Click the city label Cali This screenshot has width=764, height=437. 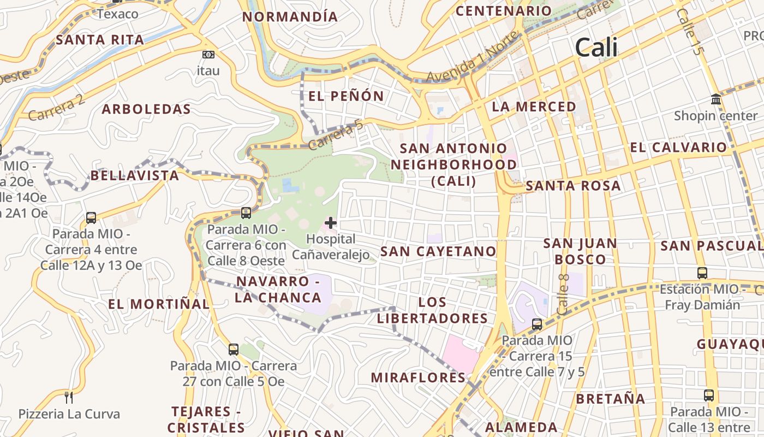(596, 48)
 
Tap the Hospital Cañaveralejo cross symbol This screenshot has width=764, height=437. (331, 223)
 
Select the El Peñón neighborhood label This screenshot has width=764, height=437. (346, 97)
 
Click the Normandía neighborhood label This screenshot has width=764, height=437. (290, 17)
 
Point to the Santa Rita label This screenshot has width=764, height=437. (100, 40)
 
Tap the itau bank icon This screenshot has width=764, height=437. (208, 55)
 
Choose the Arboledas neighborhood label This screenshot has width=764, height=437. (146, 109)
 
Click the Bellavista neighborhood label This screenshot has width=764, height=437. (134, 176)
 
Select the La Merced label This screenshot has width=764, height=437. (534, 107)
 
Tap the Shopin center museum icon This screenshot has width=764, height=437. (715, 99)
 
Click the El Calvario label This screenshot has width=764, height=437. (678, 147)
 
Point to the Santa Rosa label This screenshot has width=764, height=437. (573, 186)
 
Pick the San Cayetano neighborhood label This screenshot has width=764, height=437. (438, 251)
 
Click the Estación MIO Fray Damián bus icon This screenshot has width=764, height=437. (702, 273)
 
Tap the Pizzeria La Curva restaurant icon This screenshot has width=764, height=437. (69, 397)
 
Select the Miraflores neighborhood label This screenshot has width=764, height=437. (418, 377)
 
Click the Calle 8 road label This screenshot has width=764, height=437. (563, 294)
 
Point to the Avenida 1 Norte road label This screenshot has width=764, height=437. (472, 57)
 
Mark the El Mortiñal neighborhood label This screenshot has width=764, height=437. (158, 304)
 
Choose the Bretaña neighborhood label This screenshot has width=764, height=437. (611, 399)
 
